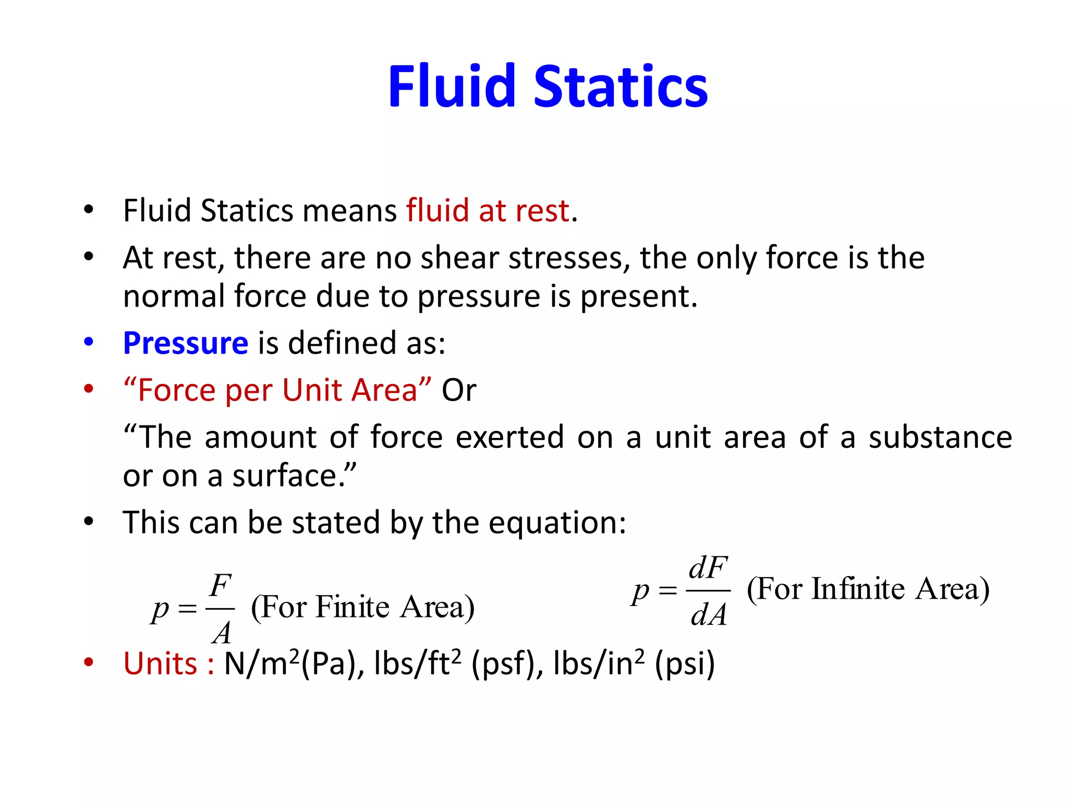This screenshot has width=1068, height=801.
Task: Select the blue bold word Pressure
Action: coord(186,343)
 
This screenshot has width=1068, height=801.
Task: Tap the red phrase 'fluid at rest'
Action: coord(488,211)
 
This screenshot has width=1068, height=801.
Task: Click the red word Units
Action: coord(161,664)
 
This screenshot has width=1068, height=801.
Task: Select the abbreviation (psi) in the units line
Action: coord(685,664)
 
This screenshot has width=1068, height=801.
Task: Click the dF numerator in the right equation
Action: coord(708,568)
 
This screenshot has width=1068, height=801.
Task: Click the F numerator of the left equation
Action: coord(221,586)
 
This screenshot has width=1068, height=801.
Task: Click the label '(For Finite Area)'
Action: coord(363,607)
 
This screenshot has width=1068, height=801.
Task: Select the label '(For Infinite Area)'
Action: coord(868,589)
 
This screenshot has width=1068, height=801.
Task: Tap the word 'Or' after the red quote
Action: coord(459,390)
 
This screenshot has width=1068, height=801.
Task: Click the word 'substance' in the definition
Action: coord(940,437)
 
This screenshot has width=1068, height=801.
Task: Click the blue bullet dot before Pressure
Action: coord(89,342)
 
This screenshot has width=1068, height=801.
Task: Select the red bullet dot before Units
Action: coord(89,662)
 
